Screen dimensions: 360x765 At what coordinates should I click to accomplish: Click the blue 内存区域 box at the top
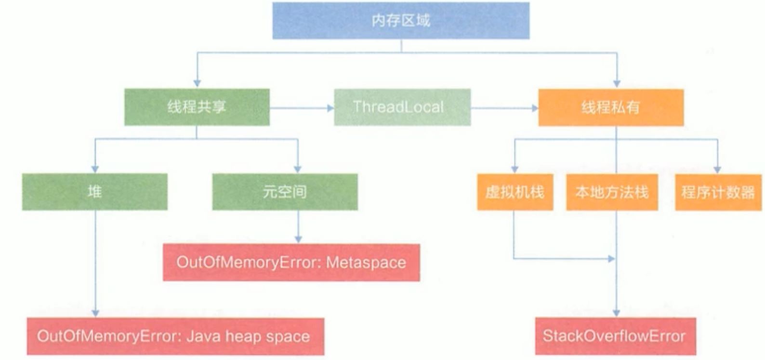click(x=401, y=21)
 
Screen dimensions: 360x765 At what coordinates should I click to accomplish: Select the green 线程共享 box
click(x=197, y=107)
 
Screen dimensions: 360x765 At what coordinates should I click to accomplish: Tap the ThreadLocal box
click(x=402, y=107)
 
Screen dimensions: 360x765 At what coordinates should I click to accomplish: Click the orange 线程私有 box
click(x=610, y=107)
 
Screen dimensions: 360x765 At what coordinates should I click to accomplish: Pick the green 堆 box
click(x=94, y=192)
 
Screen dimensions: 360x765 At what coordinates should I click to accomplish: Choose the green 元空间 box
click(x=285, y=192)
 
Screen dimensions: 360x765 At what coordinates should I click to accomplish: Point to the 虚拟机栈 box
click(x=514, y=192)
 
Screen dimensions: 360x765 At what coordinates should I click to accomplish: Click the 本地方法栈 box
click(x=612, y=192)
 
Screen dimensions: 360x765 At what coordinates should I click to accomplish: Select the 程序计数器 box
click(x=718, y=192)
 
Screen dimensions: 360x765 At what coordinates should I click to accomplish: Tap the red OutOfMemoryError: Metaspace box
click(x=291, y=263)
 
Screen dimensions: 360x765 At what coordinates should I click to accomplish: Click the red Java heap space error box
click(x=175, y=336)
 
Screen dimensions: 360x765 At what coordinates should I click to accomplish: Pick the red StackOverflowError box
click(x=615, y=336)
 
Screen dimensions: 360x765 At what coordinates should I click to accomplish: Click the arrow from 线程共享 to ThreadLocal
click(x=302, y=108)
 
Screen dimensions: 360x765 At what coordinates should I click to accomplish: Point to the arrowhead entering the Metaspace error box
click(x=298, y=239)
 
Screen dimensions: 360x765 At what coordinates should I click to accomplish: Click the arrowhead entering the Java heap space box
click(x=95, y=313)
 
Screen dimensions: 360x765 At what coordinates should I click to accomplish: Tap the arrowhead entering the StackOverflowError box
click(x=616, y=313)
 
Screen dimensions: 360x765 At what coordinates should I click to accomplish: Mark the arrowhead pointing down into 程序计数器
click(x=717, y=170)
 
